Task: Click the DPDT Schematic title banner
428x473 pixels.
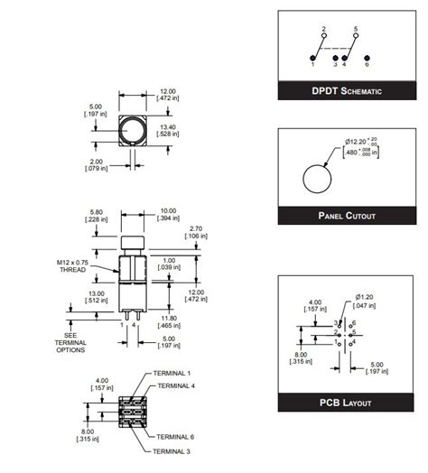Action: click(347, 90)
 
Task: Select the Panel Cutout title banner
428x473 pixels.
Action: click(347, 217)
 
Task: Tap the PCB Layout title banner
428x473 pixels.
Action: click(347, 403)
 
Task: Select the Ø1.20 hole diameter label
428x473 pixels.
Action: click(367, 296)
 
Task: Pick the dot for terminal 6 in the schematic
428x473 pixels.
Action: click(367, 55)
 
